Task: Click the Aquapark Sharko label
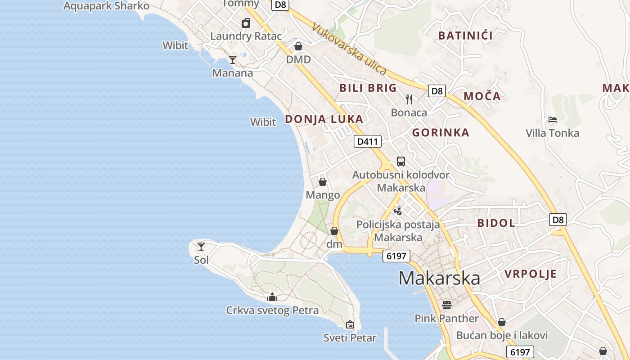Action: (x=106, y=6)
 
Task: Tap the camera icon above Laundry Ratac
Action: (x=246, y=23)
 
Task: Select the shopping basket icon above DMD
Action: (x=298, y=46)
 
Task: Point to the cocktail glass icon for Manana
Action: (x=233, y=59)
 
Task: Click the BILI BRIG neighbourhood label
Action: (x=368, y=88)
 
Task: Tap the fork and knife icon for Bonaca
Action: (x=409, y=99)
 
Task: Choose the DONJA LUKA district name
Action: (x=324, y=119)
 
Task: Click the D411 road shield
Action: (x=368, y=142)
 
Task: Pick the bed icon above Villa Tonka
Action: (x=553, y=120)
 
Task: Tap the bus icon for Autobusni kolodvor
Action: (x=401, y=162)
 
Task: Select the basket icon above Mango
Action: (x=323, y=182)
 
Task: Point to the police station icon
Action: (x=398, y=211)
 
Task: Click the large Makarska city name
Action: (x=439, y=278)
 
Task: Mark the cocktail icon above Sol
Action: (x=201, y=247)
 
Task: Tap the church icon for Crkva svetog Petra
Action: (x=272, y=297)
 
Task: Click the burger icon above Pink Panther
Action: (x=447, y=305)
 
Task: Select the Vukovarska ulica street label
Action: (x=349, y=49)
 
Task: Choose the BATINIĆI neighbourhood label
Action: (x=465, y=36)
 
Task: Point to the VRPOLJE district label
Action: (x=531, y=274)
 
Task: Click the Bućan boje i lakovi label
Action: (x=502, y=335)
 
